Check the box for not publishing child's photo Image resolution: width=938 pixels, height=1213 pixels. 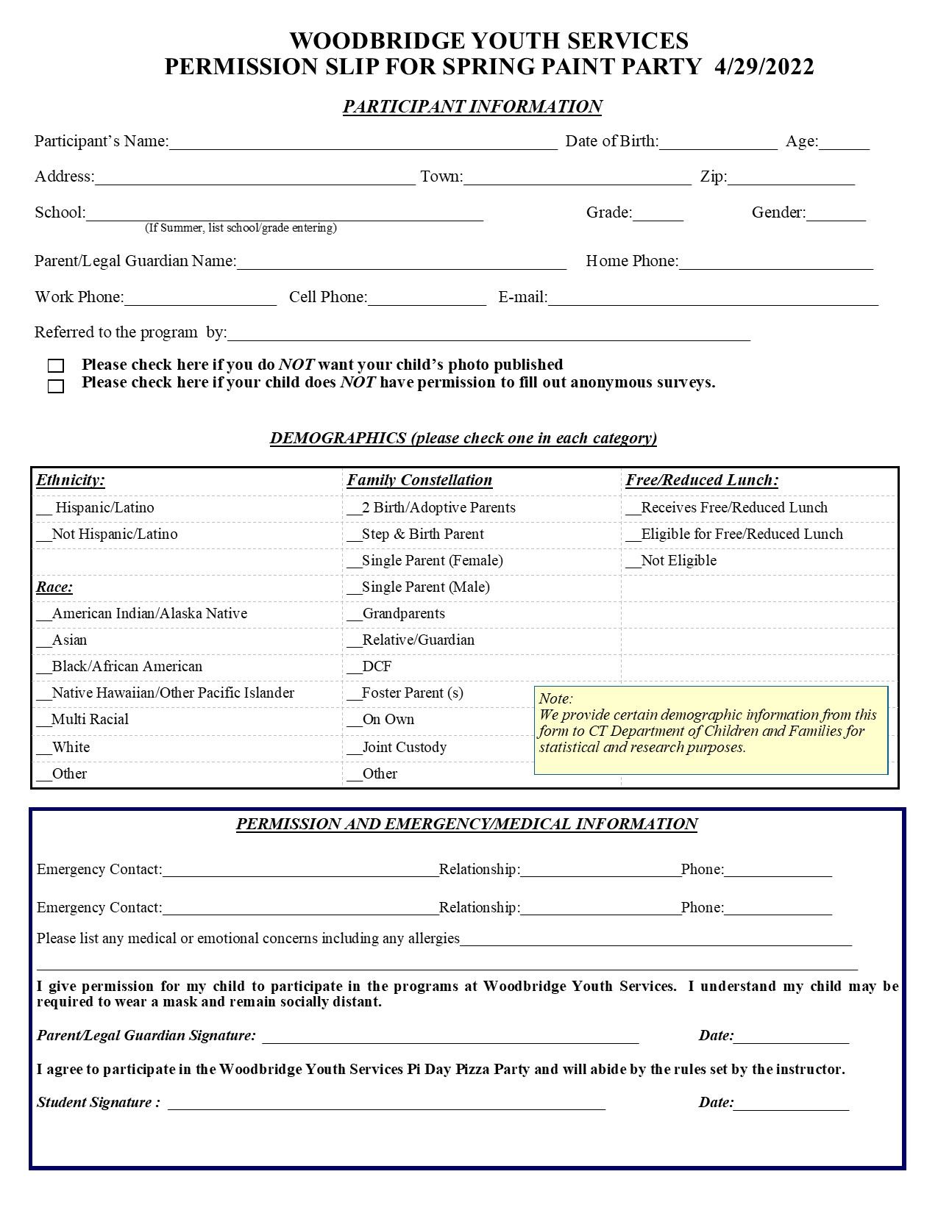tap(56, 365)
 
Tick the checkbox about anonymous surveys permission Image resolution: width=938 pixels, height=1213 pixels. tap(56, 386)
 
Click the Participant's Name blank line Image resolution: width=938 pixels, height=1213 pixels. tap(363, 143)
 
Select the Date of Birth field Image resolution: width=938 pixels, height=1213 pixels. tap(718, 143)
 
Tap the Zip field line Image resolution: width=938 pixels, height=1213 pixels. tap(791, 178)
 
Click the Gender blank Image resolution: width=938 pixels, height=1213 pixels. tap(836, 214)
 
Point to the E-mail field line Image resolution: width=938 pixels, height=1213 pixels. tap(713, 298)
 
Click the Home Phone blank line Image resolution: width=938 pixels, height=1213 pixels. tap(775, 262)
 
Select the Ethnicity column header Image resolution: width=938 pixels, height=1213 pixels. tap(71, 480)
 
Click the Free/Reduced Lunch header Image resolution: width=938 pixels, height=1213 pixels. tap(702, 480)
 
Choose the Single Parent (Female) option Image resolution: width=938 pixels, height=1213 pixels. tap(425, 561)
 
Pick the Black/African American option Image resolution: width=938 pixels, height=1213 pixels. tap(119, 667)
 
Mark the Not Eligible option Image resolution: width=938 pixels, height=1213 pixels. tap(671, 561)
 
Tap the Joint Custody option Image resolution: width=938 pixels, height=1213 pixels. tap(397, 748)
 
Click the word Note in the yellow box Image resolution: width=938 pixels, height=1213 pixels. tap(555, 698)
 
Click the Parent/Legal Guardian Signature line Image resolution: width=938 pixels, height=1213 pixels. tap(450, 1037)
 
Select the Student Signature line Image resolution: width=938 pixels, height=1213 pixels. tap(386, 1103)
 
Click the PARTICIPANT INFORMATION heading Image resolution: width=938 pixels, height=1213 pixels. tap(472, 107)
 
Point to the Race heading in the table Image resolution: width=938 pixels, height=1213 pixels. tap(54, 587)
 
